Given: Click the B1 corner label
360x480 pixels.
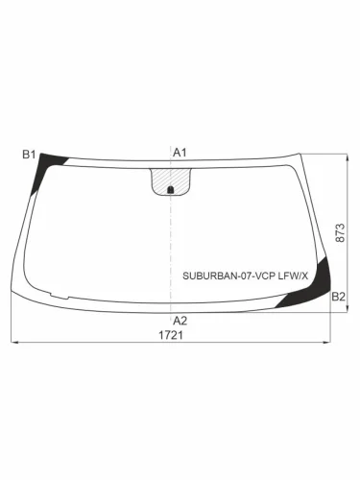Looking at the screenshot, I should [x=29, y=154].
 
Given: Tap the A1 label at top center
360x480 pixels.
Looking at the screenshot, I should [x=179, y=153].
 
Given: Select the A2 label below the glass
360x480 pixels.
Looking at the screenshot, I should [x=179, y=320].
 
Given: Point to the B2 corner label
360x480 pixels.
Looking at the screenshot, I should [x=338, y=298].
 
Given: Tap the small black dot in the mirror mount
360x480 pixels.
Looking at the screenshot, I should [x=172, y=189].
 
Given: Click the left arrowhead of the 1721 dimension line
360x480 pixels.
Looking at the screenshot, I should [x=13, y=343].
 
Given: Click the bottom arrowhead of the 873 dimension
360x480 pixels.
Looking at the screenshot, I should [x=348, y=309].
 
